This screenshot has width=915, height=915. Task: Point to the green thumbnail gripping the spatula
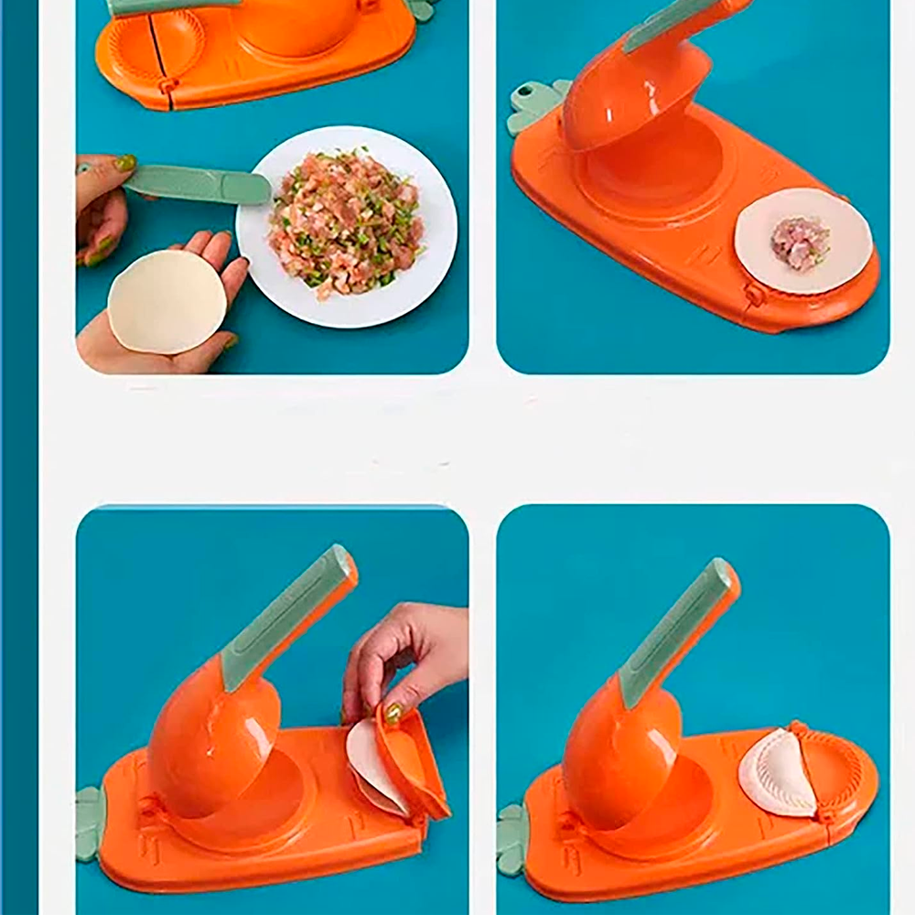click(125, 164)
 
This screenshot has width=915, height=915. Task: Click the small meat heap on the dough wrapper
click(800, 242)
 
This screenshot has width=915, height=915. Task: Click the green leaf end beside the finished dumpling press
click(512, 837)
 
